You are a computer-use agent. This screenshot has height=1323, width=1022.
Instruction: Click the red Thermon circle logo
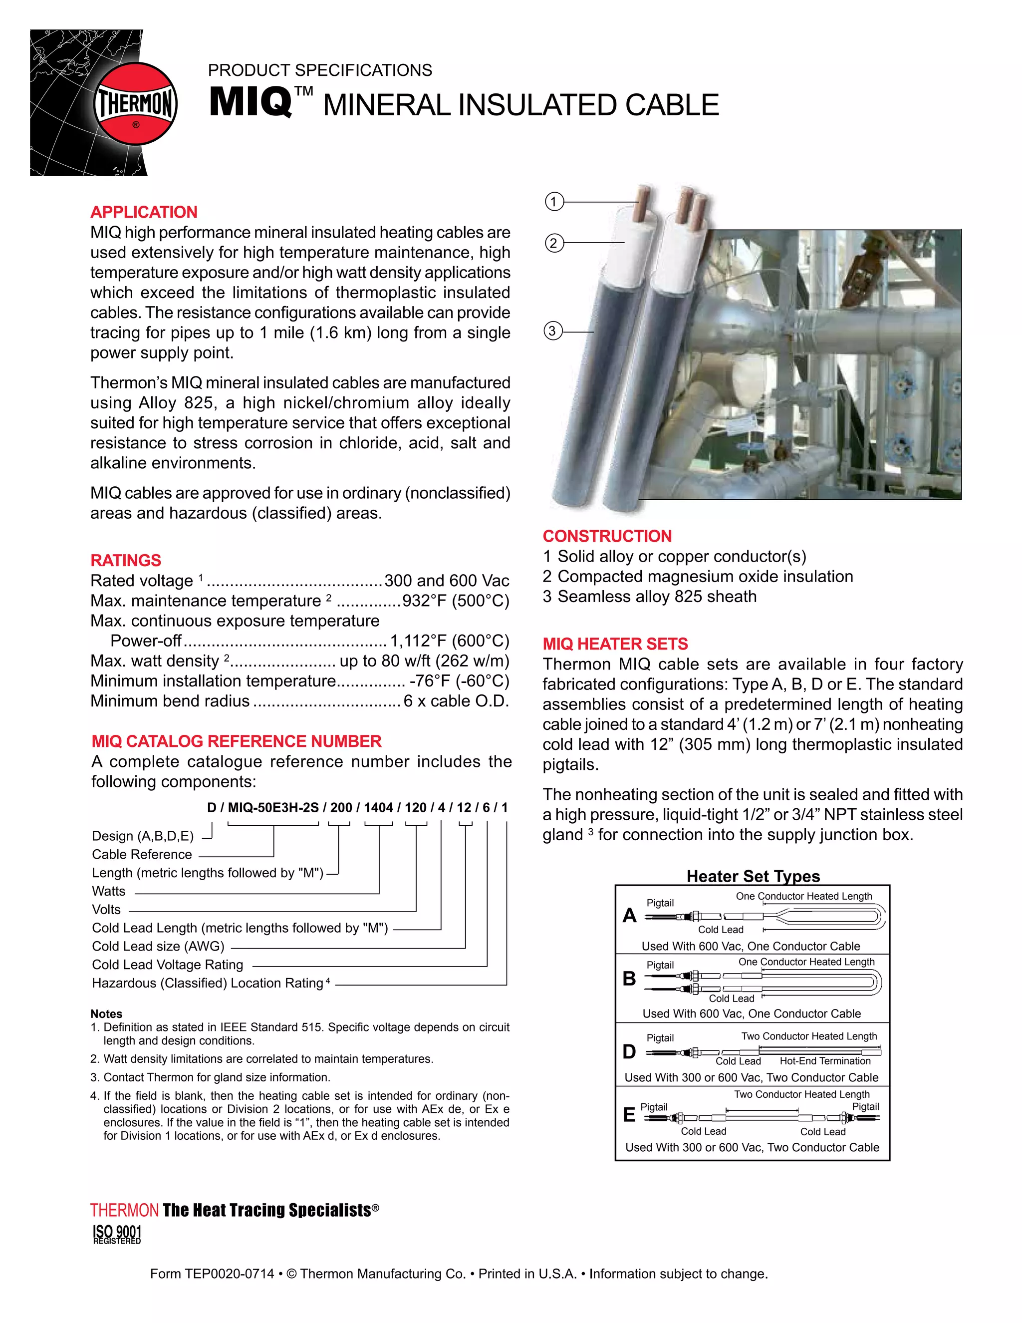click(x=136, y=103)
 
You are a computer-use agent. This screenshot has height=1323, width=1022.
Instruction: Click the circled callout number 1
click(x=554, y=202)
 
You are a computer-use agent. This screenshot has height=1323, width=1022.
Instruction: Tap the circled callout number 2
click(x=553, y=244)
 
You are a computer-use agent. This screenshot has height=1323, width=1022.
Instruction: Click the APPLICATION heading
click(x=144, y=212)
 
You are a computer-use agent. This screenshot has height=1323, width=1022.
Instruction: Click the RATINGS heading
click(x=125, y=560)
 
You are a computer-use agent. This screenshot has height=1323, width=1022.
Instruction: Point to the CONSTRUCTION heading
click(x=607, y=536)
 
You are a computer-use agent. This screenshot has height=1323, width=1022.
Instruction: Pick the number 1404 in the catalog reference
click(x=378, y=807)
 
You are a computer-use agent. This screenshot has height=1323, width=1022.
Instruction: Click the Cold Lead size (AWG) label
click(x=158, y=946)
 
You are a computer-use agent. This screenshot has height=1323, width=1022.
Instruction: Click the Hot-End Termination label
click(x=824, y=1061)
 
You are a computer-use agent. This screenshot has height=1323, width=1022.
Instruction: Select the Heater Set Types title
click(x=753, y=876)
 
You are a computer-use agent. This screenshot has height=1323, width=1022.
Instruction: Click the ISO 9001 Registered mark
click(x=117, y=1234)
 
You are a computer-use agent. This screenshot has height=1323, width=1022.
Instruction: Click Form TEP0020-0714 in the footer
click(x=212, y=1274)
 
